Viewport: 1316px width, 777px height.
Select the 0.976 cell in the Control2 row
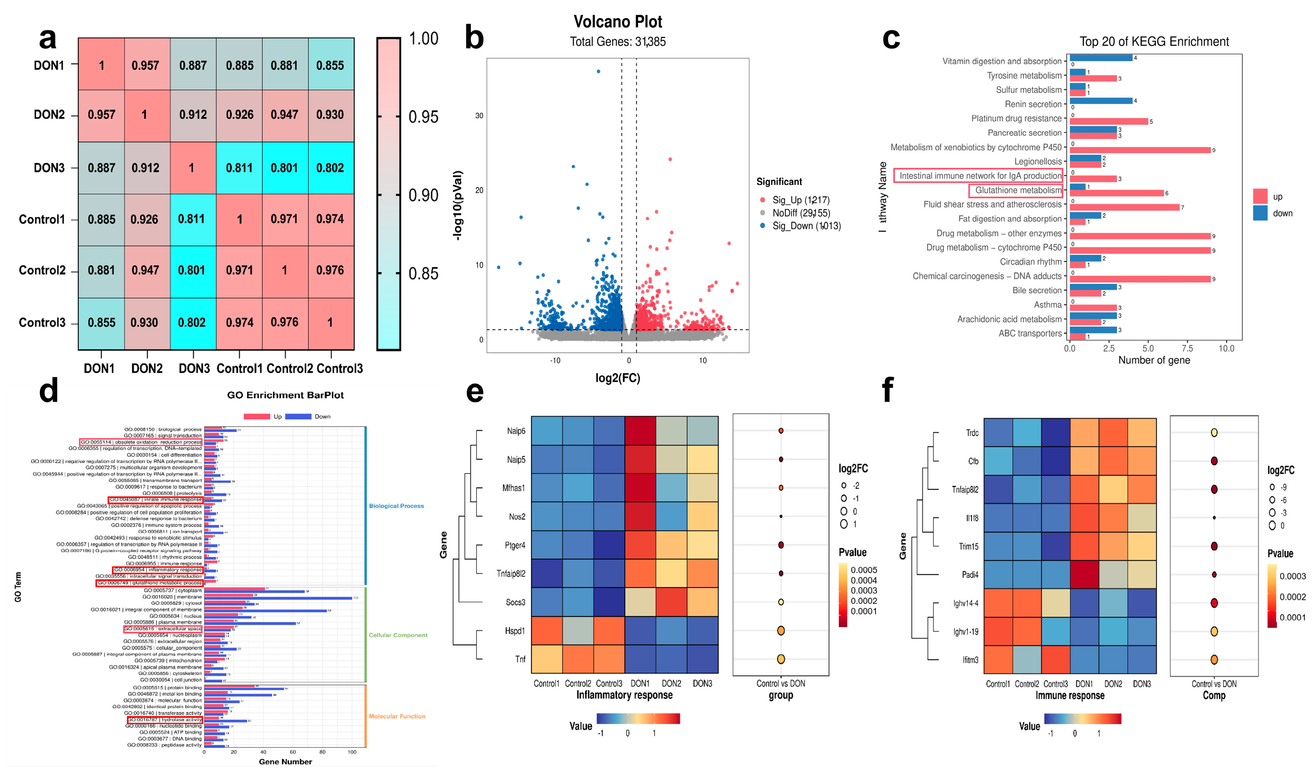pos(330,270)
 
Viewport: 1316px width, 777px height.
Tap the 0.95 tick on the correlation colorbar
pos(423,117)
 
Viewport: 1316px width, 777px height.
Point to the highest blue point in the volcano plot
pos(598,71)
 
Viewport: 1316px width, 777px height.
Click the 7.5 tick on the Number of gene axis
pos(1187,348)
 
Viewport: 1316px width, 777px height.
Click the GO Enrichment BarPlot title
pos(286,395)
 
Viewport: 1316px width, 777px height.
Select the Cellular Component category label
pos(398,635)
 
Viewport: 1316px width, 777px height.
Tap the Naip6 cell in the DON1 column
pos(640,431)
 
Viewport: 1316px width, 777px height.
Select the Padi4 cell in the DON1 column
pos(1084,574)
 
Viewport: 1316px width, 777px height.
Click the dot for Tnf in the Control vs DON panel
pos(780,659)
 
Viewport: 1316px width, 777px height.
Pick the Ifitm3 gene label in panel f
pos(970,660)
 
